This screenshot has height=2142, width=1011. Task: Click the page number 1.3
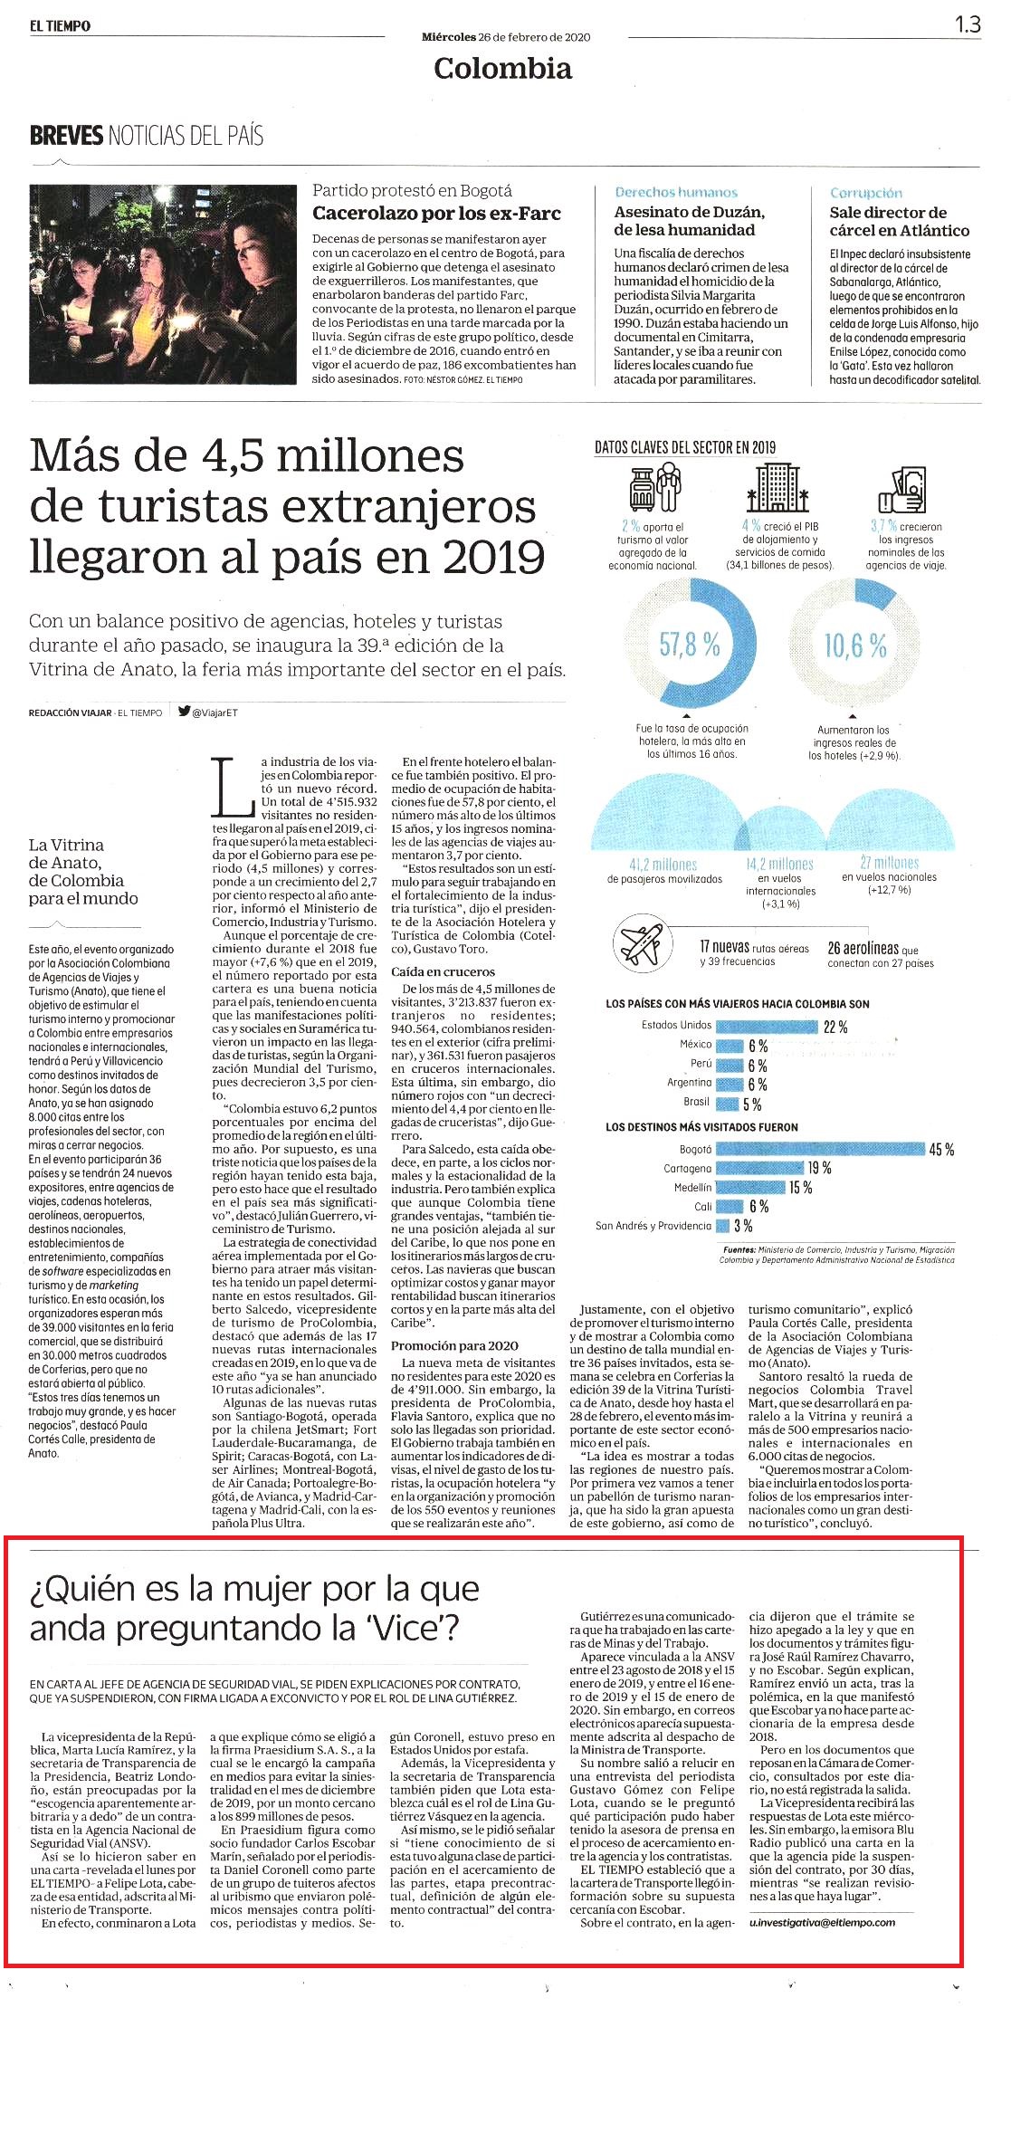(x=968, y=24)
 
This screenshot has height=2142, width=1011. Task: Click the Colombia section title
(x=502, y=68)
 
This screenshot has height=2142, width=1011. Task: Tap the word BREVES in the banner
(x=66, y=136)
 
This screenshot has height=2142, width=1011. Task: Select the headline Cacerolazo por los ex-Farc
(x=436, y=214)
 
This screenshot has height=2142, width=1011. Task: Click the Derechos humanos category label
(x=676, y=192)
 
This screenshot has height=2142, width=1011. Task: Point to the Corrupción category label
(x=866, y=193)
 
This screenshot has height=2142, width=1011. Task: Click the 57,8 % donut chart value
(x=691, y=645)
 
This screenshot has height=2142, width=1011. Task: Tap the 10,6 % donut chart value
(x=855, y=645)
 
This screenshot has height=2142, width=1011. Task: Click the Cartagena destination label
(x=687, y=1169)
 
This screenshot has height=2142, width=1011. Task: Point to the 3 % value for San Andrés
(x=743, y=1226)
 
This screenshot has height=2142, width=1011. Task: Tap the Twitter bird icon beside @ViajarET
(x=184, y=712)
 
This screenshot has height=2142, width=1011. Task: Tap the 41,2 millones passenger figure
(x=663, y=865)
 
